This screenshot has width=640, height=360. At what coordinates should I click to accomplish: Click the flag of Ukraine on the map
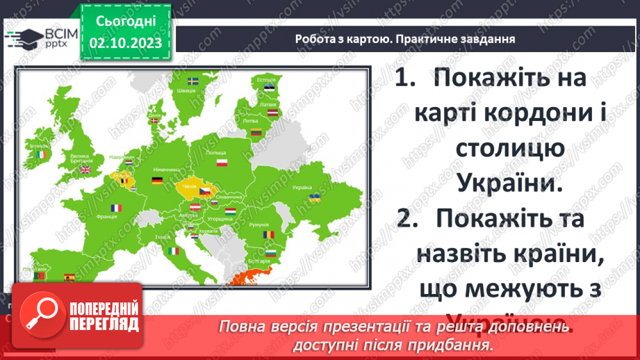[314, 197]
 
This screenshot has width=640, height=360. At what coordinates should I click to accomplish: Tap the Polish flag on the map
[222, 163]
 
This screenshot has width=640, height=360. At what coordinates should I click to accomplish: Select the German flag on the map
[158, 181]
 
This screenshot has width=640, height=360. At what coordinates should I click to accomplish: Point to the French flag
[115, 207]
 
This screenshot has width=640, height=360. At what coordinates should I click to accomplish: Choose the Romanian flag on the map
[268, 234]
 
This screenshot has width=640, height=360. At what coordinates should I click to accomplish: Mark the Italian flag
[172, 249]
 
